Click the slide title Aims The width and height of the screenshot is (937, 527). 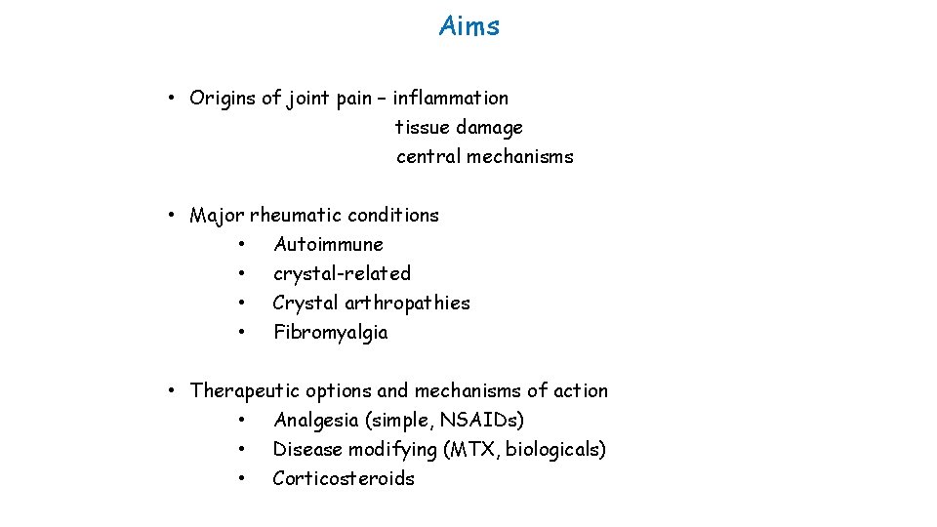pos(469,26)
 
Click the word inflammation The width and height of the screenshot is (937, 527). pos(450,98)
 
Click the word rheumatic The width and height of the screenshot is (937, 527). pos(295,215)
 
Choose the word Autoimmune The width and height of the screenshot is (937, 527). pos(328,244)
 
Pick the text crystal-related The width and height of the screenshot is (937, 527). pos(342,273)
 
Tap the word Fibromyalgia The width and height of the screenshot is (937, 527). pos(330,332)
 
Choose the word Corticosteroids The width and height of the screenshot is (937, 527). pos(344,478)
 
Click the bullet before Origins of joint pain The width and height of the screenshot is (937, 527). pos(170,98)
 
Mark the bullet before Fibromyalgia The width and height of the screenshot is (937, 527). pos(240,332)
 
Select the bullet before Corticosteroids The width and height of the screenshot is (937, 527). pos(240,478)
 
